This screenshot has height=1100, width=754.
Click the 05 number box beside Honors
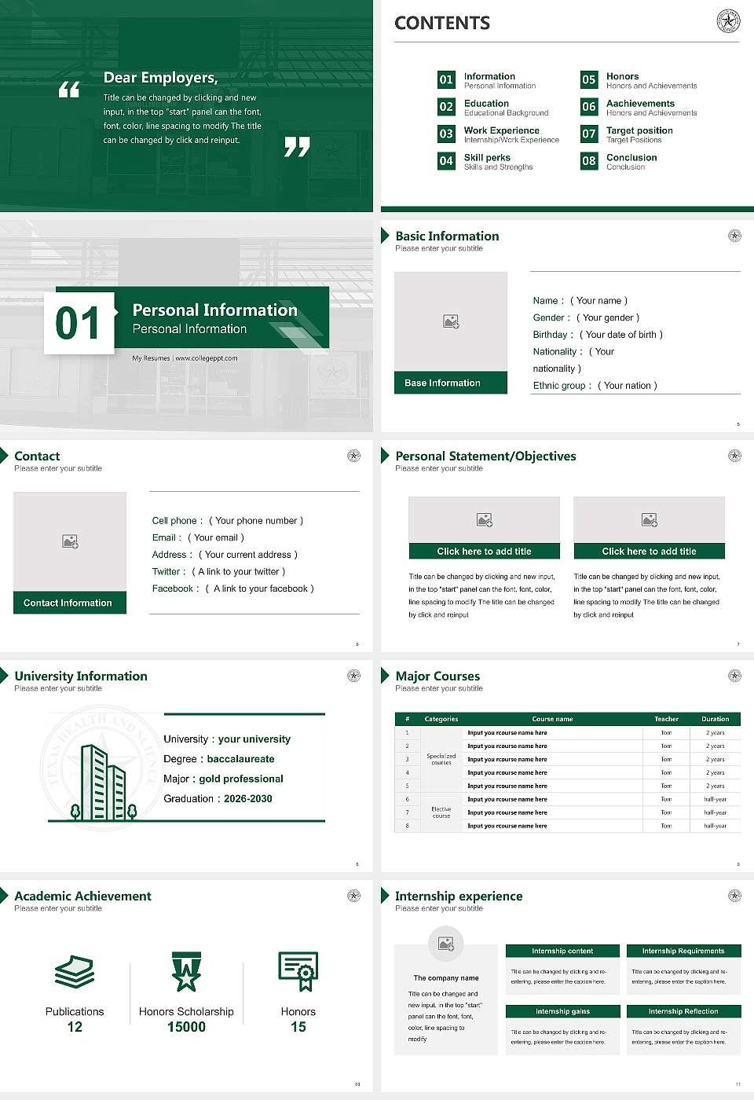point(589,79)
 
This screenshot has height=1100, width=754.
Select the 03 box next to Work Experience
point(446,134)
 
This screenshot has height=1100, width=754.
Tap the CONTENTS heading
point(442,24)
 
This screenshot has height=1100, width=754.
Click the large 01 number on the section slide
point(79,323)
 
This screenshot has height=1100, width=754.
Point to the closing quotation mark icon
point(297,147)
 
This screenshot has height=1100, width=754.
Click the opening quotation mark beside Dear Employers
point(69,90)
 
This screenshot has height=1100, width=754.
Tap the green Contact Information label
point(69,603)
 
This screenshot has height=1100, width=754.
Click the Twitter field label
point(168,572)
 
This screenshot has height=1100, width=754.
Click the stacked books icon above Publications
point(75,972)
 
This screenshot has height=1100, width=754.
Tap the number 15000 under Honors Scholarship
point(186,1027)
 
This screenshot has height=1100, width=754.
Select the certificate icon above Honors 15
point(298,971)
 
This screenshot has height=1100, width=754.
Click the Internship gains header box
point(562,1011)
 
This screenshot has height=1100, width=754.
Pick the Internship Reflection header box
point(683,1011)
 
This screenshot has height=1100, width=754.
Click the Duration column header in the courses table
point(715,719)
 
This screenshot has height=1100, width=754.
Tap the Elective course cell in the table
point(441,812)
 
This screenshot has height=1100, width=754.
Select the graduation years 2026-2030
point(248,799)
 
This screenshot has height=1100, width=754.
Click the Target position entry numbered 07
point(639,130)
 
